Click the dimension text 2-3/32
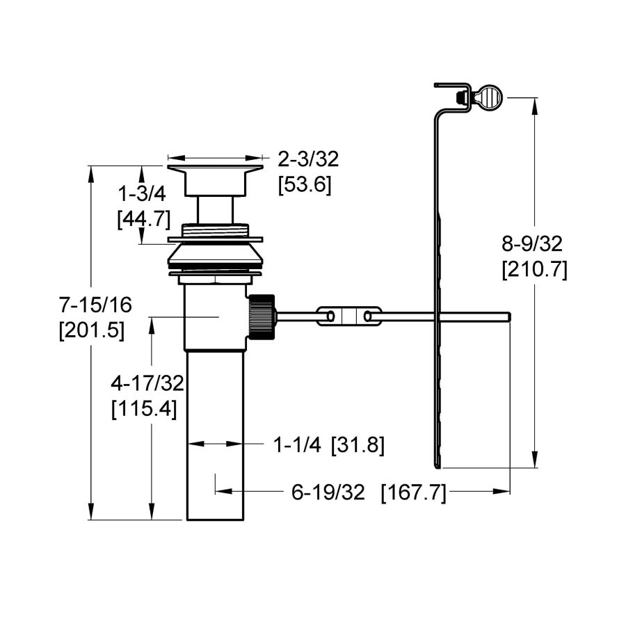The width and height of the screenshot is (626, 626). (308, 161)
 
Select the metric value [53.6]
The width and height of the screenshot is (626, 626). (305, 186)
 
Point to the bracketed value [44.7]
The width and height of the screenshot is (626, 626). (143, 219)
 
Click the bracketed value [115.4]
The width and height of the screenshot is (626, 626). (144, 408)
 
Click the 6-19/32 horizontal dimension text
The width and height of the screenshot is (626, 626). (328, 492)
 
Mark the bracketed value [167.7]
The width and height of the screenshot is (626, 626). (413, 492)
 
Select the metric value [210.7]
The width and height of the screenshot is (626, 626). (534, 268)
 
